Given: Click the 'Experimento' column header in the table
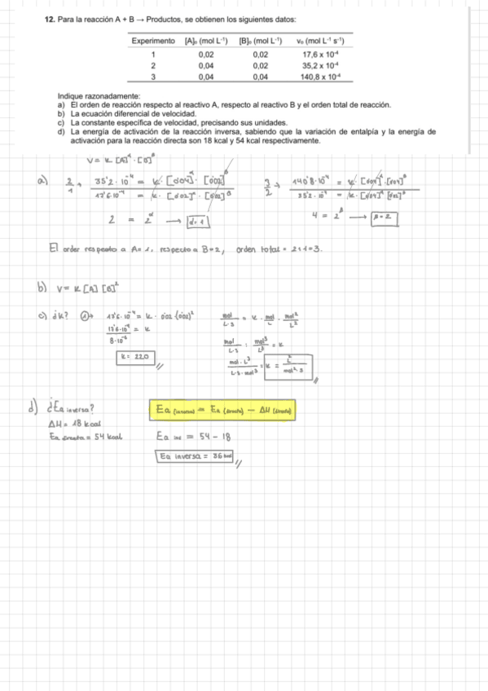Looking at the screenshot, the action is (152, 41).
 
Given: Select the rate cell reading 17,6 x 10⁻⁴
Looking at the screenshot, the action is (320, 55).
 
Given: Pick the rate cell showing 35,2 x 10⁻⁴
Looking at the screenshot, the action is (320, 65).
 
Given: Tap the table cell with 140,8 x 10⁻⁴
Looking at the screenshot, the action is (320, 76).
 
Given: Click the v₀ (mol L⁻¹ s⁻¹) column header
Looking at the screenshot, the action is (320, 41).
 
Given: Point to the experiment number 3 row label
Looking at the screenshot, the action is (152, 76).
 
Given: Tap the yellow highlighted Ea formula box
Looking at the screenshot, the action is (223, 408).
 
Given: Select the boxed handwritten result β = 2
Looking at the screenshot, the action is (383, 217).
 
